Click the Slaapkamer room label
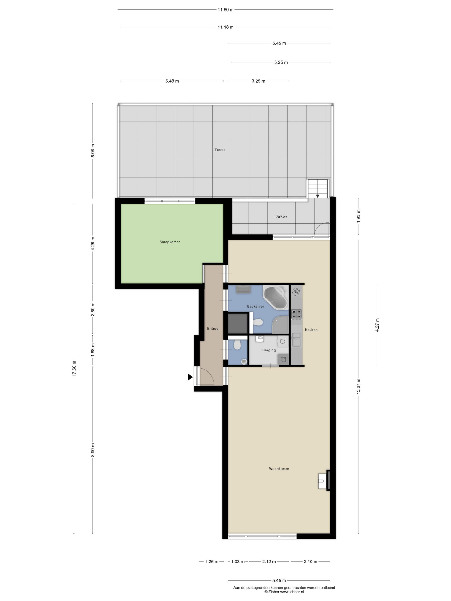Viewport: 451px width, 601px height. click(170, 242)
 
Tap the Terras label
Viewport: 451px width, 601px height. click(220, 150)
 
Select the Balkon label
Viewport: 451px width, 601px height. click(281, 216)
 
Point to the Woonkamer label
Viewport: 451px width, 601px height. click(279, 469)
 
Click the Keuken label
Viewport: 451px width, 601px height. click(311, 330)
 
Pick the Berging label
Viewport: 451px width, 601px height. click(269, 350)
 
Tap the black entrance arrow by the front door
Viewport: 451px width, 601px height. click(190, 377)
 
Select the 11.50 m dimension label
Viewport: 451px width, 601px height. click(225, 10)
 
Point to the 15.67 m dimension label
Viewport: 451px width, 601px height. click(358, 386)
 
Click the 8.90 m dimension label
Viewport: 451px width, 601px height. click(93, 450)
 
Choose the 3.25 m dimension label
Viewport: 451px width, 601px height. click(258, 81)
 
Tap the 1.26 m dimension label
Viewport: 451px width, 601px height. click(211, 562)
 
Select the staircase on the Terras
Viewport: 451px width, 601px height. click(318, 189)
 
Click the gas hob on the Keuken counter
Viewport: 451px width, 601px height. click(296, 314)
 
